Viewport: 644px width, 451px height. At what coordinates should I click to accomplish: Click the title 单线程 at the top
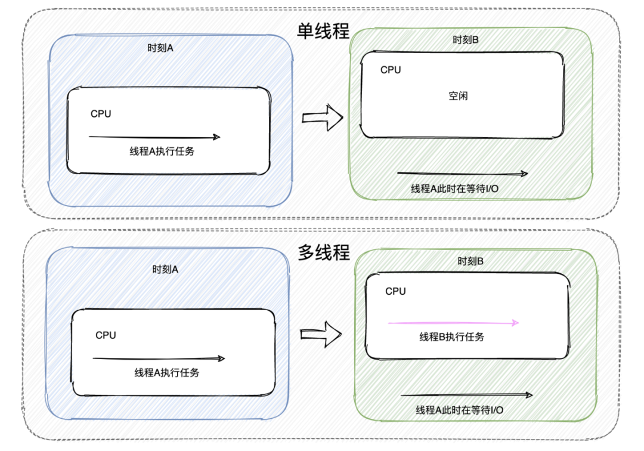coord(324,30)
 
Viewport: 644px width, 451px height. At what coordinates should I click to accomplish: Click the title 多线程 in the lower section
coord(324,253)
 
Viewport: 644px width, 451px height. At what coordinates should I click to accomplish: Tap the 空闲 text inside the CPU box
coord(458,96)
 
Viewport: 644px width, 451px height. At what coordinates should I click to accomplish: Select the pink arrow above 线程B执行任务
coord(453,323)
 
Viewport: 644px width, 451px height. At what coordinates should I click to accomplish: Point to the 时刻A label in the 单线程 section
coord(160,48)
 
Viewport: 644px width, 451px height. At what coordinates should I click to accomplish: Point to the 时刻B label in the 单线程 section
coord(466,40)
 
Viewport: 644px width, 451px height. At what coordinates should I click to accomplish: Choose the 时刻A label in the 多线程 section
coord(165,269)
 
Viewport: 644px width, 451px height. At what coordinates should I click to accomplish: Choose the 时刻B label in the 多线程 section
coord(470,261)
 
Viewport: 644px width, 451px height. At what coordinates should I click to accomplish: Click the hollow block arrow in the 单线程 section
coord(323,118)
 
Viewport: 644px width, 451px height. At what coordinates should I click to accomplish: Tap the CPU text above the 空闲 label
coord(391,70)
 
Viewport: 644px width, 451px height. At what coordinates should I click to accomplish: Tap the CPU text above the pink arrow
coord(395,291)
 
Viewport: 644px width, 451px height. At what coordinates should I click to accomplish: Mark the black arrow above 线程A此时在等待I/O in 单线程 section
coord(462,174)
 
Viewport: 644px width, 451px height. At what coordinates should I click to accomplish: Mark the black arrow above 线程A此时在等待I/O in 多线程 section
coord(466,394)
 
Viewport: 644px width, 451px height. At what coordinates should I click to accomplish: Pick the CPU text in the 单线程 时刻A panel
coord(101,114)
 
